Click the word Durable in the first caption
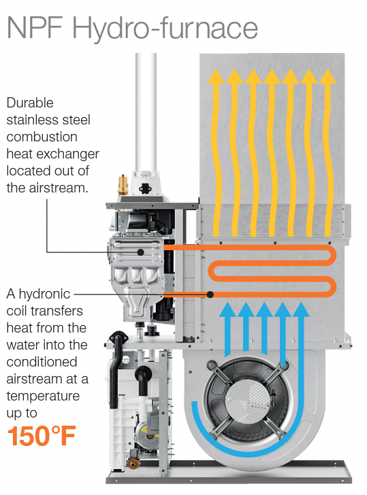[30, 103]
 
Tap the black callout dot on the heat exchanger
[141, 252]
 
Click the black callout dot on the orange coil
[210, 294]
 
